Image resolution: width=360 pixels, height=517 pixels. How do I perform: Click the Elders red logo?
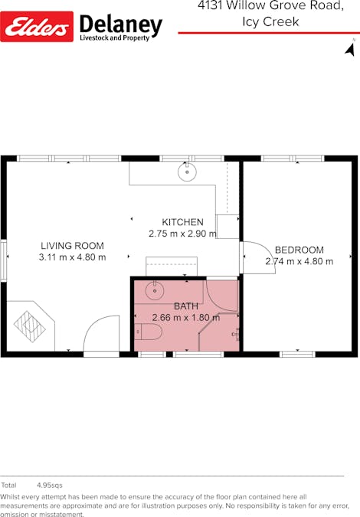38,26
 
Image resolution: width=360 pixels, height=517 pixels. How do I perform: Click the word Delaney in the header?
121,25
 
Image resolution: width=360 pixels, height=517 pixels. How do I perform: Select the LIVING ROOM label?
72,246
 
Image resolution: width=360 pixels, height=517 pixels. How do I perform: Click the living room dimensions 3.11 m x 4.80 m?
72,257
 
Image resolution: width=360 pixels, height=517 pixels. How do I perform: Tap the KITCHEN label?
182,222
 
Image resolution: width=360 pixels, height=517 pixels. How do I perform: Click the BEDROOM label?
299,250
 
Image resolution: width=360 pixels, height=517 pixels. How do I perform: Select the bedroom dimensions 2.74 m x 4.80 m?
299,261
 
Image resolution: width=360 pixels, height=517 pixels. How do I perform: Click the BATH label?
186,306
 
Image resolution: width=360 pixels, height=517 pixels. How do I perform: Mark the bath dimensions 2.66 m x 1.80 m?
186,317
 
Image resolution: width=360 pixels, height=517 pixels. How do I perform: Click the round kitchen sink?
187,172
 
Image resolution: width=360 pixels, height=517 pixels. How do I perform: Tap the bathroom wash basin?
153,290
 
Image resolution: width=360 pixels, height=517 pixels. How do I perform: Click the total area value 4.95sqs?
50,486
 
